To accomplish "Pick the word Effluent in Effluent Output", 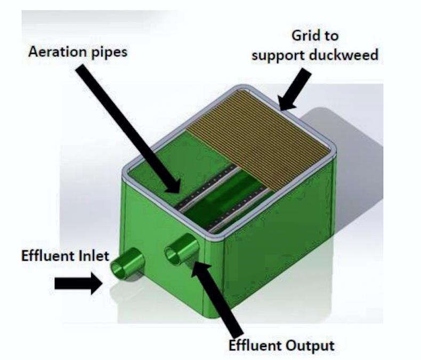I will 255,345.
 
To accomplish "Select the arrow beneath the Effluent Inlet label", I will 78,284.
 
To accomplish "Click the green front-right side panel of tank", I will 277,251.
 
